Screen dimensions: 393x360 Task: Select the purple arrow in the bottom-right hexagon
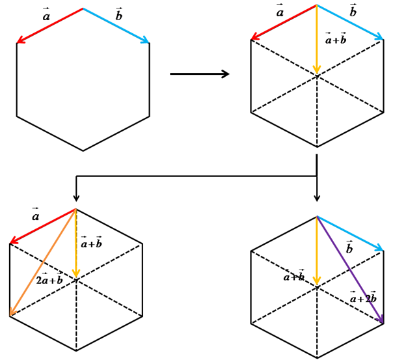(350, 270)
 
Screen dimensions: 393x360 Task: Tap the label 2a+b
(49, 281)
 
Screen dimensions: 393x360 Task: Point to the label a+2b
(363, 299)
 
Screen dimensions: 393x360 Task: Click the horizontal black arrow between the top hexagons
(199, 74)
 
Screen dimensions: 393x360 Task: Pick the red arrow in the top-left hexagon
(50, 26)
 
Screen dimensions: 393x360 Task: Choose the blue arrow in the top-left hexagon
(116, 26)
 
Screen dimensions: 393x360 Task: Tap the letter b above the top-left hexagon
(118, 16)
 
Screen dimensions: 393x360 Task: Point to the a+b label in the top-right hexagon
(336, 40)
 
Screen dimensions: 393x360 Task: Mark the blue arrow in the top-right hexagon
(350, 23)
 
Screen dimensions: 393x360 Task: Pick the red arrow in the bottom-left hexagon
(43, 227)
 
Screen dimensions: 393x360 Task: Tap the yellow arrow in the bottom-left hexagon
(76, 243)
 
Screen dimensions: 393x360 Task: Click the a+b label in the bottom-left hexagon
(91, 243)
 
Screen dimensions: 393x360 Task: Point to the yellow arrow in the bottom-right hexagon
(317, 251)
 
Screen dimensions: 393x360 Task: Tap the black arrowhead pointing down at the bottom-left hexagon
(76, 197)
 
